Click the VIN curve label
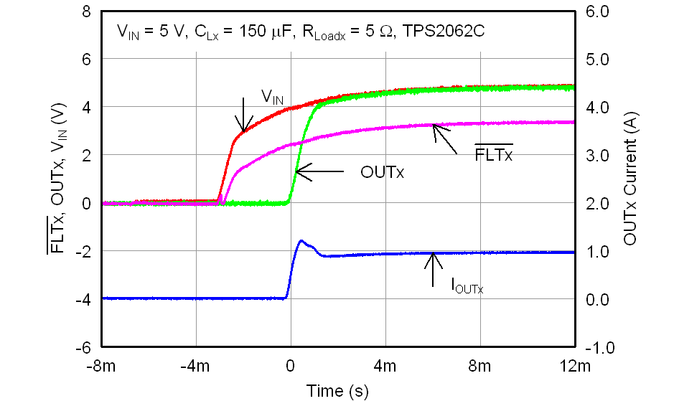click(x=271, y=95)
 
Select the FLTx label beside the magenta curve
click(x=494, y=154)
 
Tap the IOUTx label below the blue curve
click(x=467, y=288)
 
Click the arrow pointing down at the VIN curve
click(x=244, y=115)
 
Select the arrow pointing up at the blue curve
click(x=433, y=270)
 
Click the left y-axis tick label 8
click(x=87, y=13)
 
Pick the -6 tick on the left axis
click(x=83, y=346)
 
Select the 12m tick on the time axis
click(x=574, y=367)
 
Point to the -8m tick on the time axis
click(x=101, y=367)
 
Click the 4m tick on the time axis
click(x=385, y=367)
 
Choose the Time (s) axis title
click(x=337, y=391)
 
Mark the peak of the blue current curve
click(x=301, y=241)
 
